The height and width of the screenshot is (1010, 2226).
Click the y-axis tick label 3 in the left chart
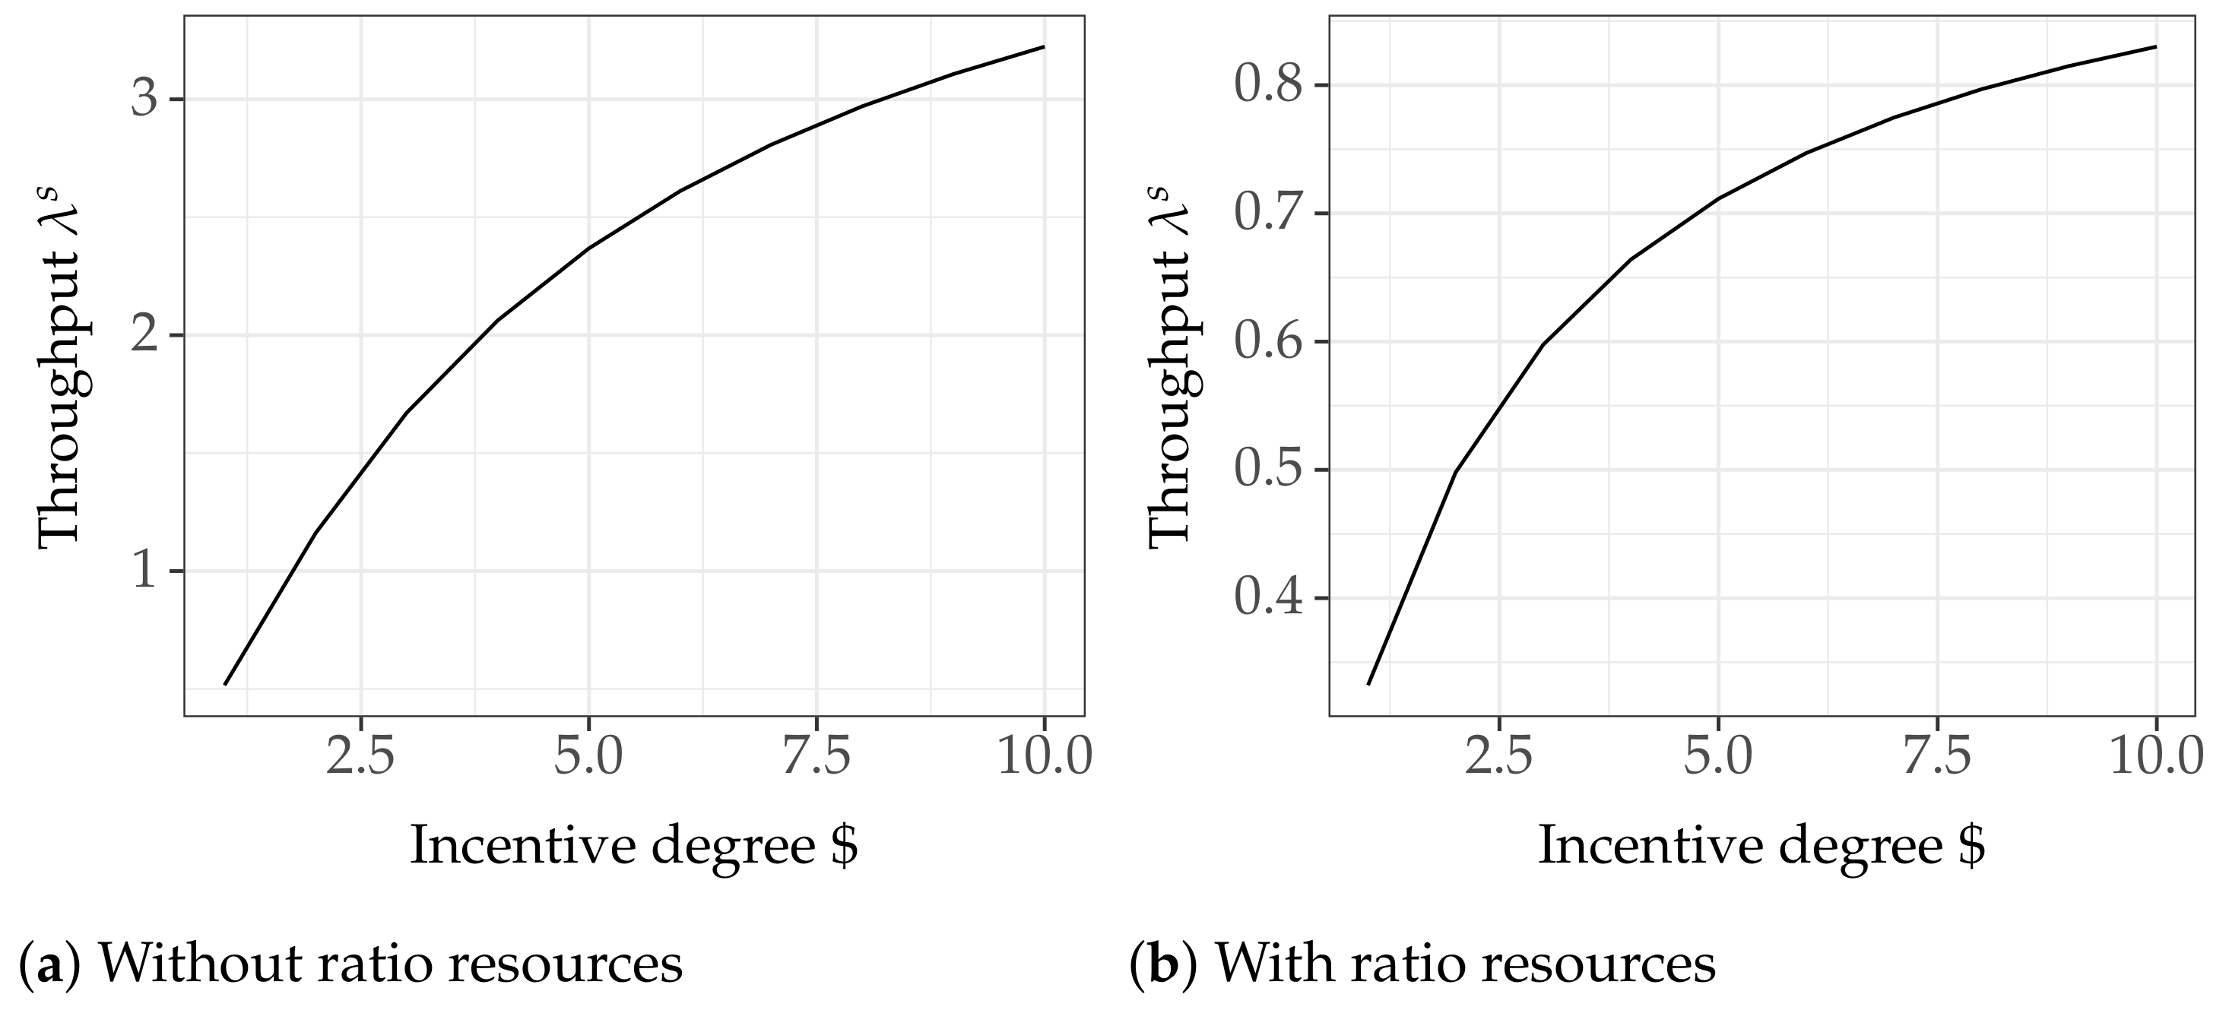pyautogui.click(x=145, y=100)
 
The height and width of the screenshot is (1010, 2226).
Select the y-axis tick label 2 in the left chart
pyautogui.click(x=145, y=336)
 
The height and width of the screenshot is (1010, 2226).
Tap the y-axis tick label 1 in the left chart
pyautogui.click(x=145, y=572)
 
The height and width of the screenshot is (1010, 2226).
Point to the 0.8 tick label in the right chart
pyautogui.click(x=1267, y=86)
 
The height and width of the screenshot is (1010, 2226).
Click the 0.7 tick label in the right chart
pyautogui.click(x=1267, y=214)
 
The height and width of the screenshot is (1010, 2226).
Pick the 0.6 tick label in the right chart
pyautogui.click(x=1267, y=342)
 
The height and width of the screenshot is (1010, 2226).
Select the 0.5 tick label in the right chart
pyautogui.click(x=1267, y=470)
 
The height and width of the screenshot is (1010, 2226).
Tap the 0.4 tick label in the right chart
pyautogui.click(x=1267, y=598)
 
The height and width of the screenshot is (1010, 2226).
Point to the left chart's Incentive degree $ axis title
pyautogui.click(x=633, y=846)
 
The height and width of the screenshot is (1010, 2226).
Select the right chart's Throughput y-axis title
pyautogui.click(x=1170, y=367)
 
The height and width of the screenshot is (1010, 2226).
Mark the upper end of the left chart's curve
pyautogui.click(x=1044, y=48)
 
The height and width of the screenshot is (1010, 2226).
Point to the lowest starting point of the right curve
pyautogui.click(x=1368, y=684)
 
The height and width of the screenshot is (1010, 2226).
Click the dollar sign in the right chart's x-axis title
pyautogui.click(x=1972, y=845)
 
